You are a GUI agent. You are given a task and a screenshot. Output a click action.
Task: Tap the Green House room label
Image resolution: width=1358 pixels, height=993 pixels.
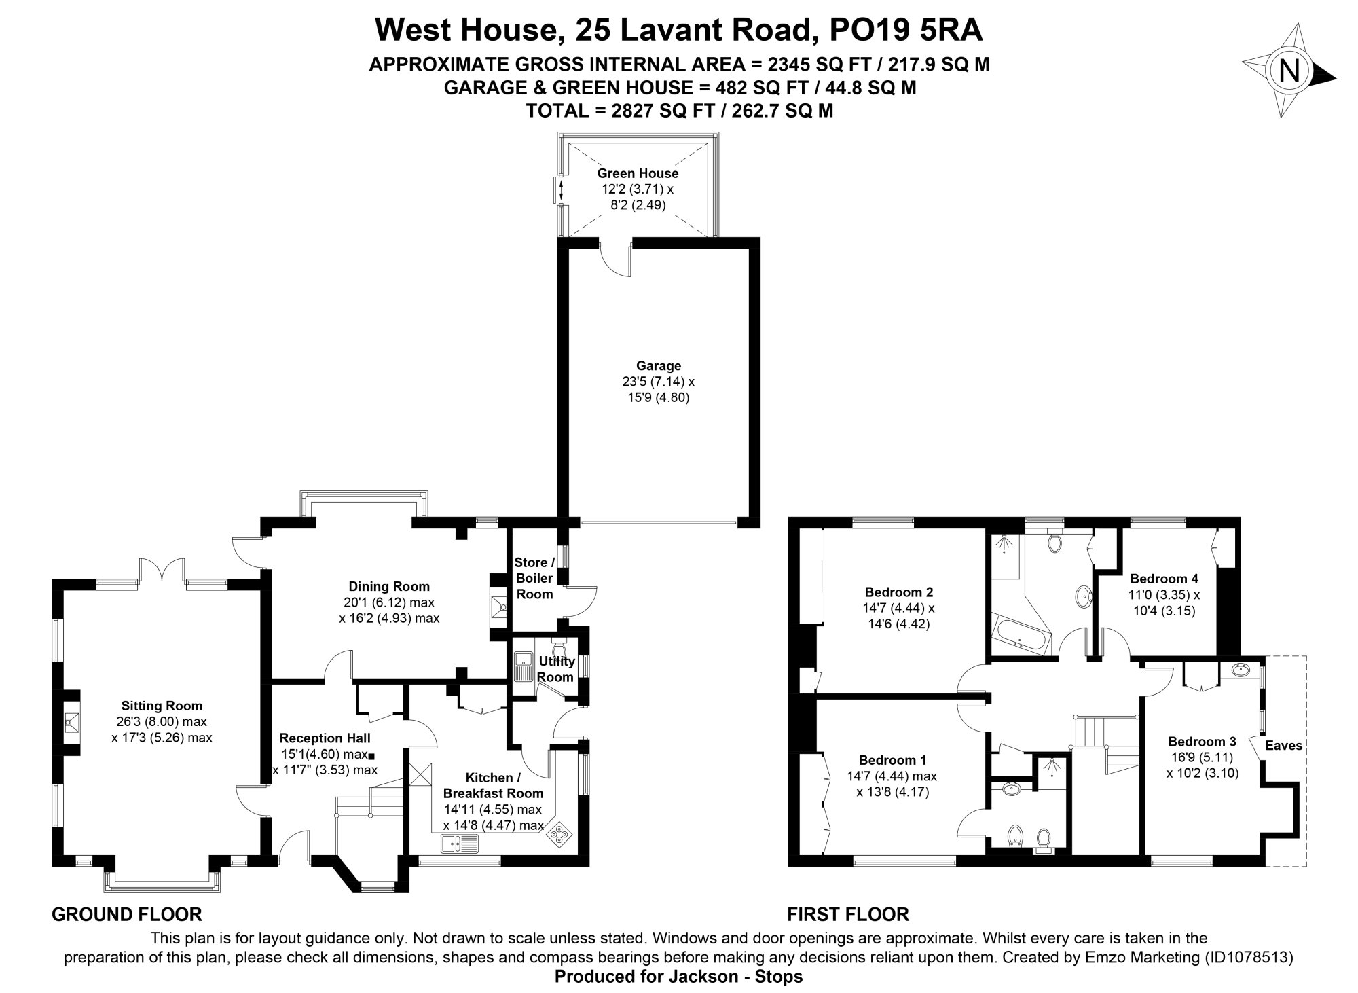pyautogui.click(x=637, y=174)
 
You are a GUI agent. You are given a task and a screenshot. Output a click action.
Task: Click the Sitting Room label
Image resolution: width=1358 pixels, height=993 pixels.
pyautogui.click(x=162, y=706)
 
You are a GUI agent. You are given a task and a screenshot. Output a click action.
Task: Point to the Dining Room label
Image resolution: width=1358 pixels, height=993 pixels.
pyautogui.click(x=389, y=587)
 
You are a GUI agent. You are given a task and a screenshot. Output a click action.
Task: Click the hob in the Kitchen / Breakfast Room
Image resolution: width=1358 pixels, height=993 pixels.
pyautogui.click(x=560, y=833)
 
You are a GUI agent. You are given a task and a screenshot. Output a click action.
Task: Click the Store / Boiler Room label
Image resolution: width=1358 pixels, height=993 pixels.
pyautogui.click(x=534, y=578)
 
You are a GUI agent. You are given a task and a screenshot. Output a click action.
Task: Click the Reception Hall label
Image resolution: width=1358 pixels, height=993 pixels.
pyautogui.click(x=325, y=738)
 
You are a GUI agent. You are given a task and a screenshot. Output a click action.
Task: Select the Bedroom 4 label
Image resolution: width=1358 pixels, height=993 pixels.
pyautogui.click(x=1164, y=579)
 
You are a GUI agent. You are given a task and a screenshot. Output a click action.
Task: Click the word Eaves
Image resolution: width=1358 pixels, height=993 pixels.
pyautogui.click(x=1283, y=746)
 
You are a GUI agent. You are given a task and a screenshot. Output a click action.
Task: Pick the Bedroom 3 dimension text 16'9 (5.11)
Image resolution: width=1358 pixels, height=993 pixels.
pyautogui.click(x=1201, y=757)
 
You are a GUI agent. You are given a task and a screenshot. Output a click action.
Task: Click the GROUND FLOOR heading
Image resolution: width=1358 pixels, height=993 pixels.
pyautogui.click(x=127, y=914)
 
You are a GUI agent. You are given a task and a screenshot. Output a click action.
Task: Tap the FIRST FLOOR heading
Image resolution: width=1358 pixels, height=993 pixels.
pyautogui.click(x=847, y=914)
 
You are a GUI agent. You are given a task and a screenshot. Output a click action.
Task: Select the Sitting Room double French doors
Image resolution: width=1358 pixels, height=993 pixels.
pyautogui.click(x=162, y=571)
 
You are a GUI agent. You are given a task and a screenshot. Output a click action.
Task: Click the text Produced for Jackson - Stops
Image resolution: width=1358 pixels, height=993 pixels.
pyautogui.click(x=678, y=977)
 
